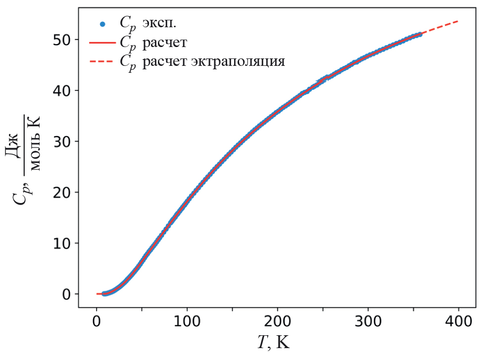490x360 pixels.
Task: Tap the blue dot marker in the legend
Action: click(x=102, y=23)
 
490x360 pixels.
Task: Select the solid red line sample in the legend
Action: click(x=102, y=43)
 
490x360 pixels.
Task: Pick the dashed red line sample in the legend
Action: click(x=102, y=62)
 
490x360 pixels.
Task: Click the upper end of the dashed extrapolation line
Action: click(x=458, y=21)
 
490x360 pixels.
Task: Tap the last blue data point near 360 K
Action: click(x=420, y=35)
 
